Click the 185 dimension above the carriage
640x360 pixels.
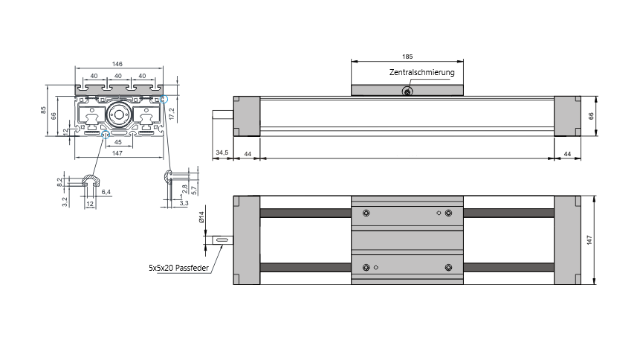(x=407, y=57)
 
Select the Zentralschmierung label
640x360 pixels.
(x=421, y=73)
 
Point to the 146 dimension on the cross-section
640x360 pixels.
(x=117, y=65)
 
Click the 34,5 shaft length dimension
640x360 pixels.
(x=222, y=152)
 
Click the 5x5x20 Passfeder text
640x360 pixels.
(x=178, y=266)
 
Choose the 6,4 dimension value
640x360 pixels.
(x=106, y=192)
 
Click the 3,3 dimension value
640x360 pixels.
(x=184, y=202)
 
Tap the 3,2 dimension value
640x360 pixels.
(x=65, y=199)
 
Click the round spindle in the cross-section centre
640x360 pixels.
(x=117, y=115)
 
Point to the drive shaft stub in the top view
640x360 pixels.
(x=222, y=240)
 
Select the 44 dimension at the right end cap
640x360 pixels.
(x=567, y=152)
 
